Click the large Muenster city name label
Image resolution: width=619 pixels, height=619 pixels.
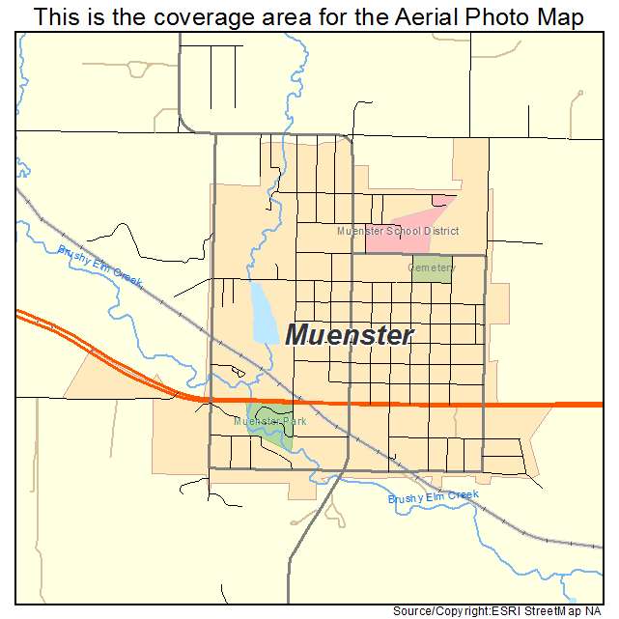coord(350,335)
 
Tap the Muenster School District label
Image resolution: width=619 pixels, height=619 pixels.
coord(397,232)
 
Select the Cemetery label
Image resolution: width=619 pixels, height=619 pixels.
coord(431,267)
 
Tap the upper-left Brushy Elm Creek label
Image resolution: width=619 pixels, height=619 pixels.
coord(99,264)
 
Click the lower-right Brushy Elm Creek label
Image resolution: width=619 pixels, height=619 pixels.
coord(433,496)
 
